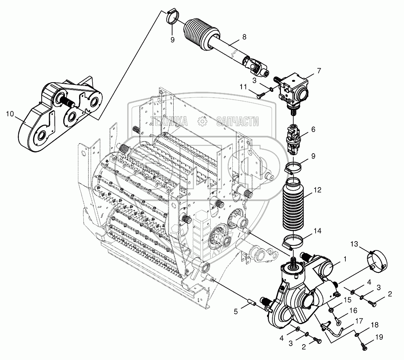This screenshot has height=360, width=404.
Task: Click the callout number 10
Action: pos(10,114)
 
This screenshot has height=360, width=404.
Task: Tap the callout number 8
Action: pos(244,37)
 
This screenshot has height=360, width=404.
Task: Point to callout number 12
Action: pos(317,190)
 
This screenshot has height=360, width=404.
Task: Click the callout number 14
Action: pos(317,232)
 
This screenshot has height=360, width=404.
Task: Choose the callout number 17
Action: pos(359,320)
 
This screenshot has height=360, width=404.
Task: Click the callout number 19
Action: pos(379,337)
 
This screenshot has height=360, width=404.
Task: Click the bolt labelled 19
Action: pos(365,347)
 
